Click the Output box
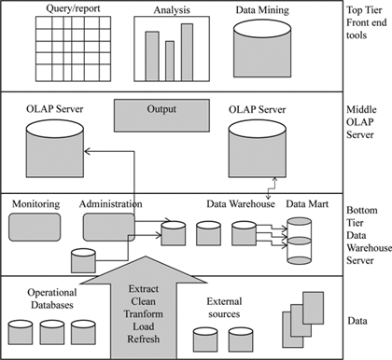point(161,115)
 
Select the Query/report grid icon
point(66,50)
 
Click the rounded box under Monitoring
point(35,227)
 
